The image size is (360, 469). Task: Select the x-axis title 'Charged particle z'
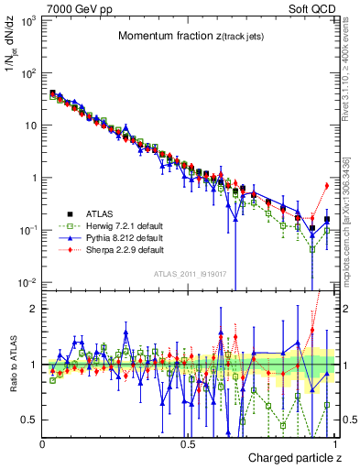click(294, 457)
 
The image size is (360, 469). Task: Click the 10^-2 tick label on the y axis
click(27, 282)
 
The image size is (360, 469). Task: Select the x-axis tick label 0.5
click(188, 442)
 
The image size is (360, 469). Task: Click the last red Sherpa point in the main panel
click(327, 186)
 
